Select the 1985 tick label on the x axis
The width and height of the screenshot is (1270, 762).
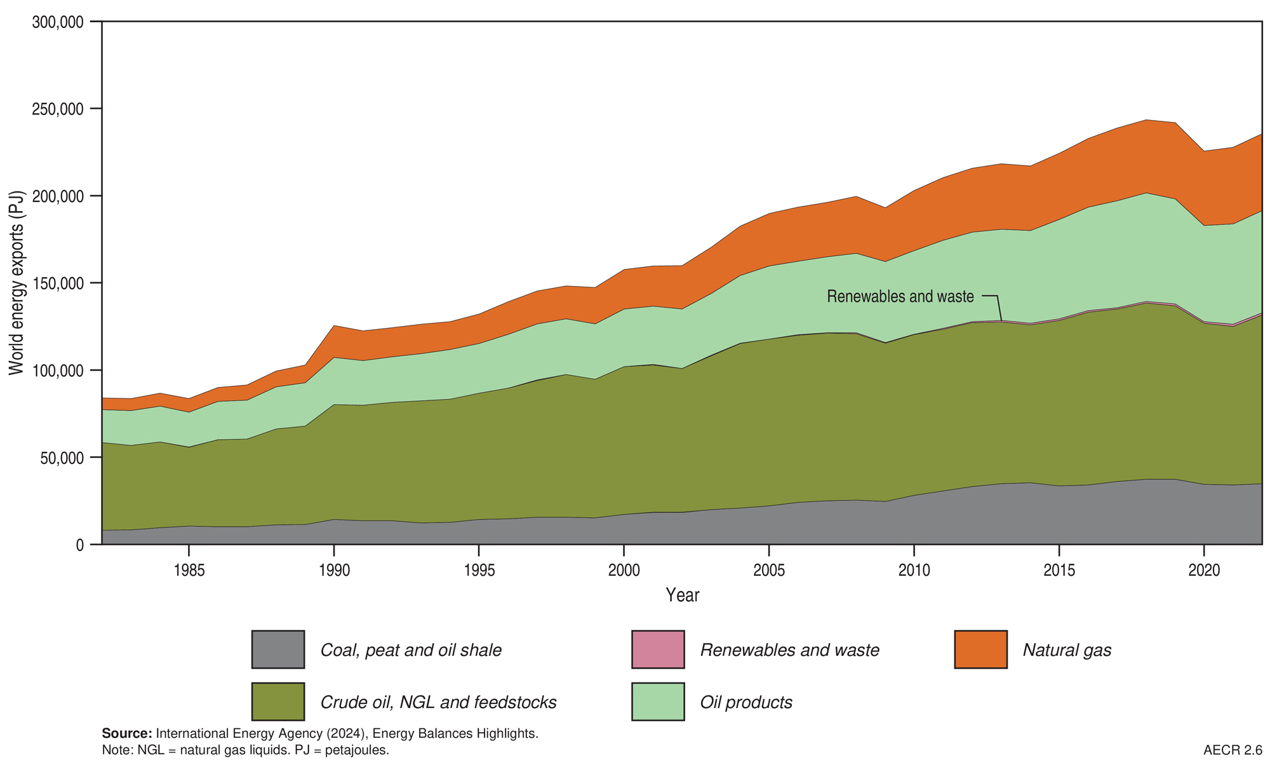tap(189, 571)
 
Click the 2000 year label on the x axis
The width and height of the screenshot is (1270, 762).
tap(624, 571)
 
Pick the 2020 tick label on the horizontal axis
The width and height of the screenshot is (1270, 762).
tap(1204, 571)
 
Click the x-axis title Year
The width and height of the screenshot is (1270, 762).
tap(682, 595)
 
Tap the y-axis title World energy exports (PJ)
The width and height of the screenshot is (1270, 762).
tap(16, 283)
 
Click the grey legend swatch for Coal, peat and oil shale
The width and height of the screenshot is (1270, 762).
tap(277, 650)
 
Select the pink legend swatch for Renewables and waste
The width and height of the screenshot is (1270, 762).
tap(658, 650)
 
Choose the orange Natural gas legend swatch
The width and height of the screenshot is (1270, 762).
tap(980, 650)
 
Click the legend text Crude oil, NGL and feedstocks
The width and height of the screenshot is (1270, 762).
tap(438, 702)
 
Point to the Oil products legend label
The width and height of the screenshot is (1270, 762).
tap(746, 702)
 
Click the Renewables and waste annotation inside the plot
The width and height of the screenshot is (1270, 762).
tap(900, 296)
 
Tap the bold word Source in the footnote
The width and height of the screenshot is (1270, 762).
tap(126, 733)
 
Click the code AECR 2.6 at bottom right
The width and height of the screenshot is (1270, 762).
tap(1232, 750)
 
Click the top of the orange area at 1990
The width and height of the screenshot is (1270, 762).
tap(334, 326)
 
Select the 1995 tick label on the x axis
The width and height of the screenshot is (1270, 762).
tap(479, 571)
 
